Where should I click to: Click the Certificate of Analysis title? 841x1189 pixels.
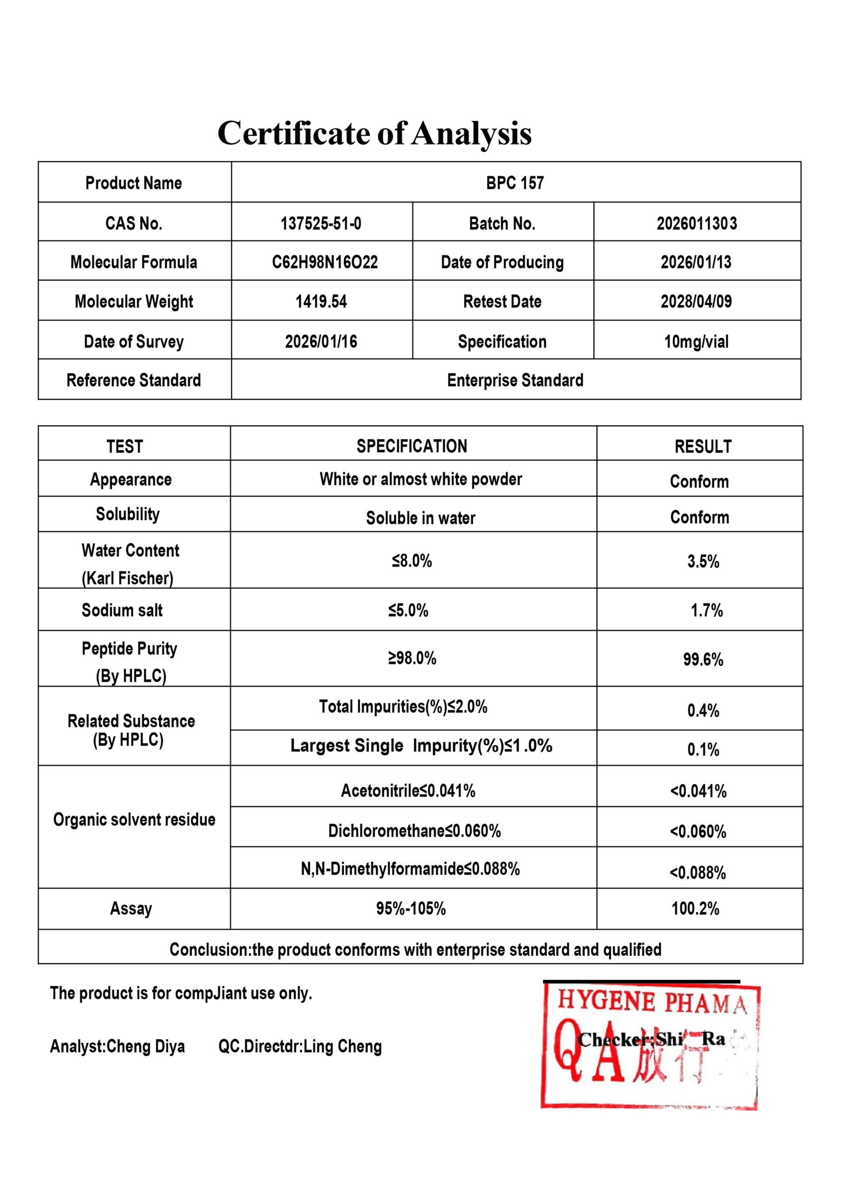point(374,133)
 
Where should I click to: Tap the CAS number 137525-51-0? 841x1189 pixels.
point(321,223)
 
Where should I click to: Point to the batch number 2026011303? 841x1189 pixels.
point(696,223)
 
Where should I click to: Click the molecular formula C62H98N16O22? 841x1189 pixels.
point(324,262)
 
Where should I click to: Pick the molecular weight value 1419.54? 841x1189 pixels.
point(321,301)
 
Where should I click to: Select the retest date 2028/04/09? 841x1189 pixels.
point(696,301)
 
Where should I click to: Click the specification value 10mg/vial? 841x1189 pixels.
point(696,341)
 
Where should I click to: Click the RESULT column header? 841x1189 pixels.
point(703,446)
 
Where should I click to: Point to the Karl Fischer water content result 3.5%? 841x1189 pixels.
point(703,562)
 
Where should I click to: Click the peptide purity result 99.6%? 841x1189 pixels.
point(703,659)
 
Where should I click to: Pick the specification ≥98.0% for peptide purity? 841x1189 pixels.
point(412,658)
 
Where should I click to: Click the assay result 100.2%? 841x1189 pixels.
point(695,908)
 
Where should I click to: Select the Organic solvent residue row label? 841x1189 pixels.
point(134,819)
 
